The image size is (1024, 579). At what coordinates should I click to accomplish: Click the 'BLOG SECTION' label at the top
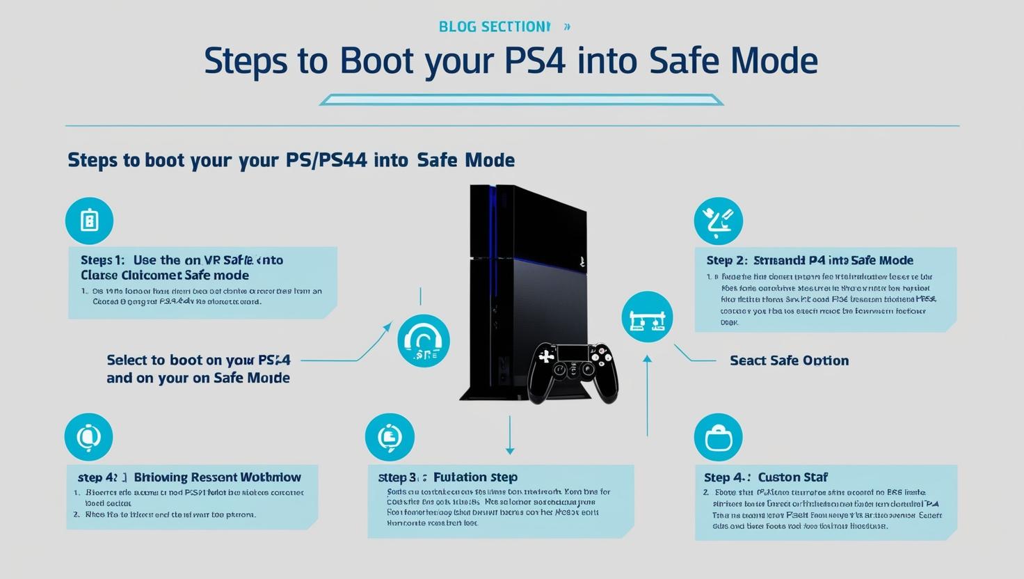494,26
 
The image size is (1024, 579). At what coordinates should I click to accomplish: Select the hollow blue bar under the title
521,100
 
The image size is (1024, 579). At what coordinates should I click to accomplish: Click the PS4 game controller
573,370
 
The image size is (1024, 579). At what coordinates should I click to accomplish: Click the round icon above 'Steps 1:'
89,221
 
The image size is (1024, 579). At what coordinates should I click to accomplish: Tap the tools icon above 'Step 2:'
718,221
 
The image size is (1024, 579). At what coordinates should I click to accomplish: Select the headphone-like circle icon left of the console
423,341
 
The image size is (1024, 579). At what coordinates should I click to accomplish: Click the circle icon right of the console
647,317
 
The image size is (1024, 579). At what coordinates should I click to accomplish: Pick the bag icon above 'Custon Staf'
718,438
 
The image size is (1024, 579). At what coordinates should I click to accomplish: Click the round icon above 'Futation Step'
390,437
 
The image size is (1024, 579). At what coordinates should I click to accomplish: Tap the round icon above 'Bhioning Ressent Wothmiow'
88,437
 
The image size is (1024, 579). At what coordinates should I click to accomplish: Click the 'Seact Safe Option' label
789,360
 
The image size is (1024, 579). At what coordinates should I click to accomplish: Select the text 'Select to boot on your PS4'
198,360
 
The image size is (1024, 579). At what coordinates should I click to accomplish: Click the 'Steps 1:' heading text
102,260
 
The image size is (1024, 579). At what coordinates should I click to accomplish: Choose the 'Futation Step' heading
475,477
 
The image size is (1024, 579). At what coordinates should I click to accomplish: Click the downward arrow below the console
510,436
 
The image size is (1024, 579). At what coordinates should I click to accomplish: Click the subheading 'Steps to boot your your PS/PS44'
291,160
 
